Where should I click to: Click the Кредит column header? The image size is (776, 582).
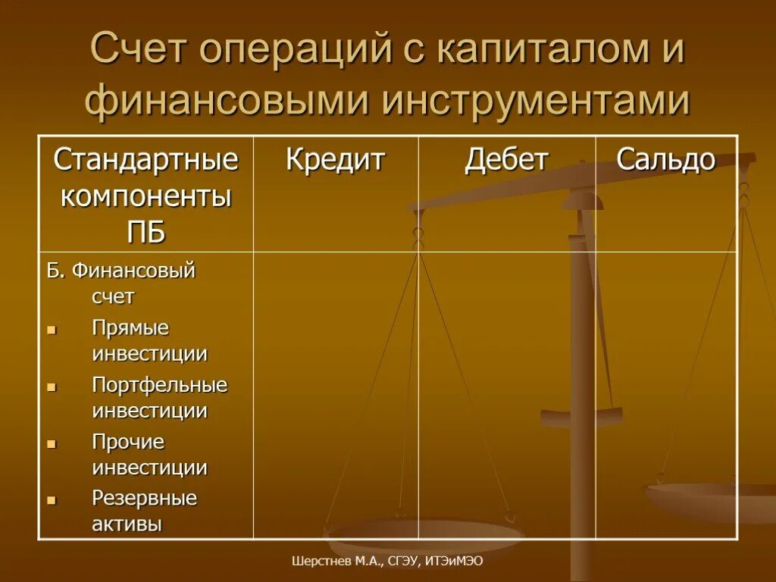(335, 160)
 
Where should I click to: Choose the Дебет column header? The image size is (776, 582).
(506, 160)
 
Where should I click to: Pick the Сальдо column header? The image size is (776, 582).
(665, 160)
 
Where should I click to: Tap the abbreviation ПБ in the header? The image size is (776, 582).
(145, 232)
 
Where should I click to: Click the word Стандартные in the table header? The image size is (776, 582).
(145, 160)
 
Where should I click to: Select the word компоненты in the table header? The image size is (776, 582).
(145, 196)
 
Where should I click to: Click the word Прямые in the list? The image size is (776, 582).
(130, 328)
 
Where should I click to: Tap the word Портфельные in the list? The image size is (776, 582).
(160, 385)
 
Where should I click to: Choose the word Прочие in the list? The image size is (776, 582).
(128, 442)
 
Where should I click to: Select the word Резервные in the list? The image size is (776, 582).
(144, 498)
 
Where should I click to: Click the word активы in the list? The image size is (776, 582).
(127, 524)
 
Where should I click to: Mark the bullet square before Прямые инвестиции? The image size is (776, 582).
(52, 330)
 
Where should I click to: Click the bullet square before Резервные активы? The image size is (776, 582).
(52, 500)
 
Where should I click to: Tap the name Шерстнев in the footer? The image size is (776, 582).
(319, 562)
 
